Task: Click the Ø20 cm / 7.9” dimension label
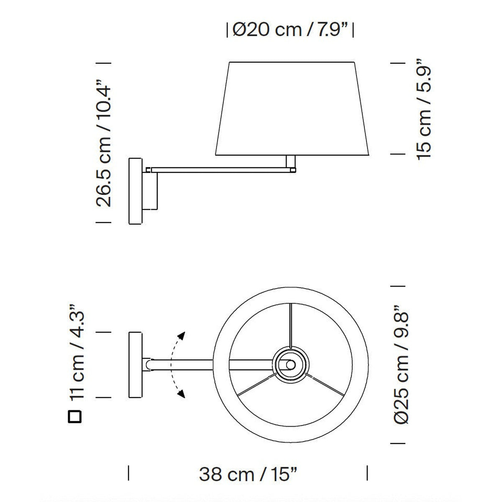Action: point(290,30)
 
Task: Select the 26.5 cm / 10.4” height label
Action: point(104,143)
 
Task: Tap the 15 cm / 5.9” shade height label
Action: point(424,109)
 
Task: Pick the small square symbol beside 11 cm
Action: point(75,417)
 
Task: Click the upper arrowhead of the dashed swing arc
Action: point(181,336)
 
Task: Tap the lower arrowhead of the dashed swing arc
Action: point(181,394)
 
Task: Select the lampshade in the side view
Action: point(292,109)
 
